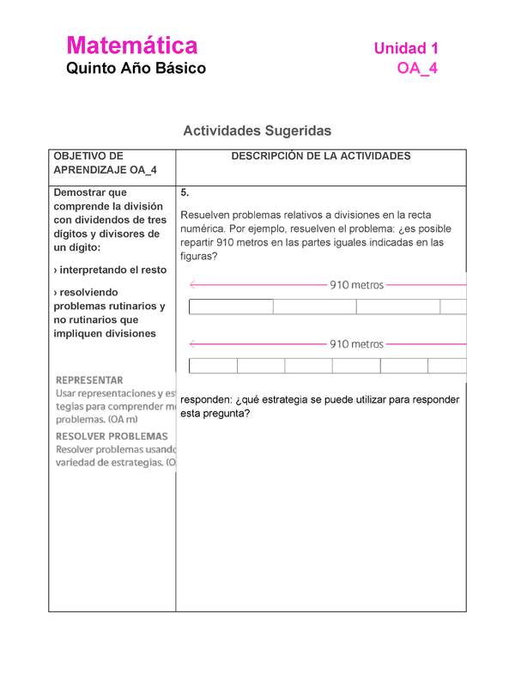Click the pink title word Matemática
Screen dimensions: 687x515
click(x=132, y=46)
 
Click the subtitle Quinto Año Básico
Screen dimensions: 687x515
click(x=136, y=68)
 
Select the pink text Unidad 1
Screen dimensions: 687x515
click(x=406, y=50)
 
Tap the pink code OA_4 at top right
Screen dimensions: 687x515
click(x=417, y=69)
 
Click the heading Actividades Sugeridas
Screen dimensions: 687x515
click(x=257, y=131)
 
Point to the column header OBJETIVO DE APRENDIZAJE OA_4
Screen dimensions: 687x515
click(x=105, y=163)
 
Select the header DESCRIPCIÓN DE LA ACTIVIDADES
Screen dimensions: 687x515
click(x=321, y=156)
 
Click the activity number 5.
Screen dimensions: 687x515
click(x=185, y=193)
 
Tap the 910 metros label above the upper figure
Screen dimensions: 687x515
click(x=356, y=285)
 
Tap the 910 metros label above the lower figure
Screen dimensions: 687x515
click(x=356, y=343)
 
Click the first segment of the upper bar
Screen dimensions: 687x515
click(x=231, y=307)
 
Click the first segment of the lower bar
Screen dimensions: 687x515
click(x=213, y=366)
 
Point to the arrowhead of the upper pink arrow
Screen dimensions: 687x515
click(x=192, y=285)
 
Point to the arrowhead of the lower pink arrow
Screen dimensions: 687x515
click(x=192, y=343)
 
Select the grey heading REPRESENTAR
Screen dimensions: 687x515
click(x=89, y=380)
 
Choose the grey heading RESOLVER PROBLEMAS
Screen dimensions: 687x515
click(x=112, y=436)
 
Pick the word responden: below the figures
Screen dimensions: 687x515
click(x=207, y=399)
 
